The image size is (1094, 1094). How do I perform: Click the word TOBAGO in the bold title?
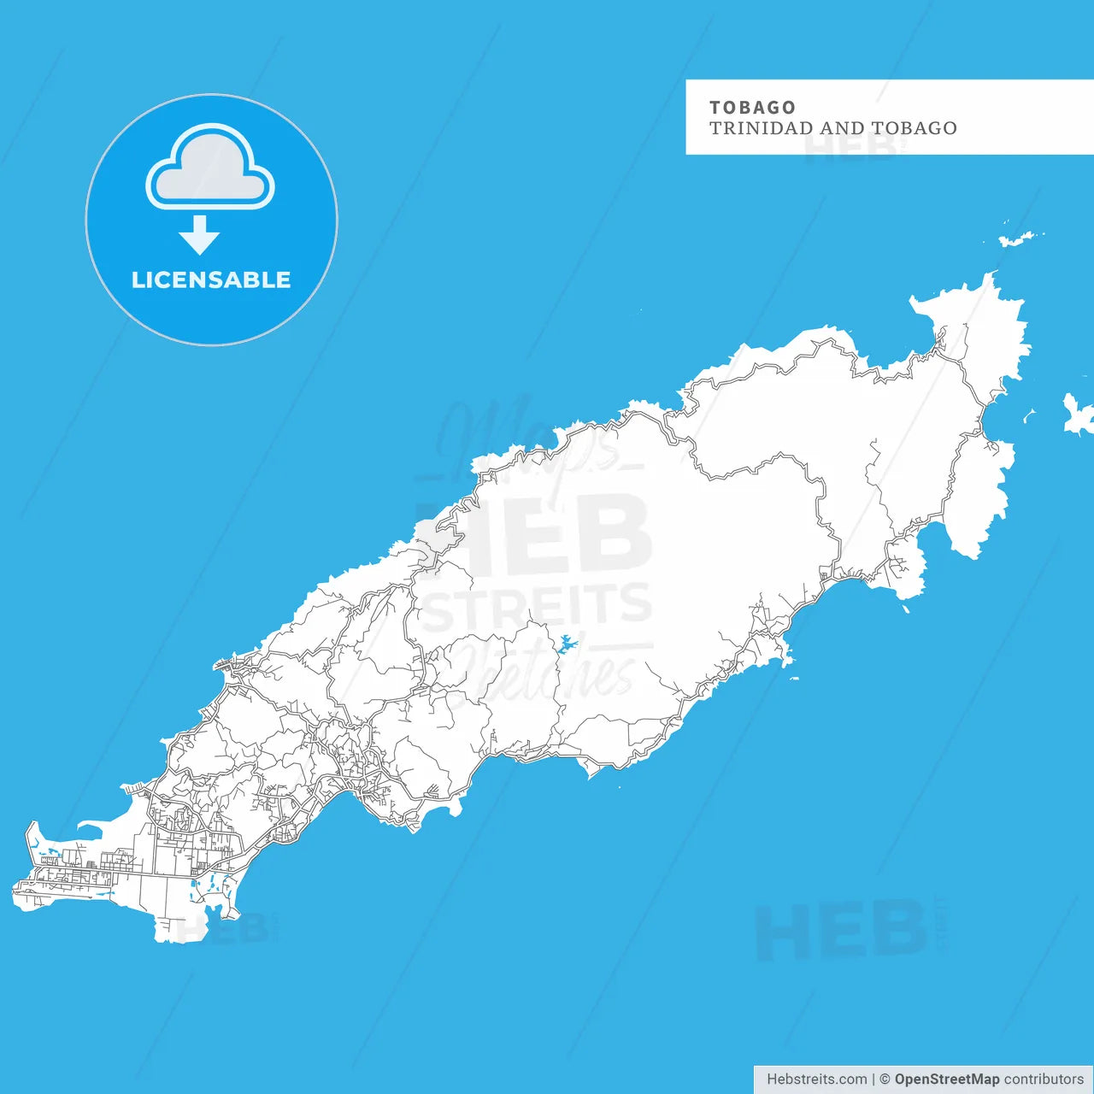coord(752,108)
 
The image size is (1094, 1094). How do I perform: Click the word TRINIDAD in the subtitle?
coord(761,128)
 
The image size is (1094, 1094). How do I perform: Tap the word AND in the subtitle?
coord(842,128)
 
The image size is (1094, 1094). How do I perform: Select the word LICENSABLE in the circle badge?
coord(211,279)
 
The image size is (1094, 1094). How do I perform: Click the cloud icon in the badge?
coord(210,169)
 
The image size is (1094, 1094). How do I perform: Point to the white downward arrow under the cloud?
coord(199,235)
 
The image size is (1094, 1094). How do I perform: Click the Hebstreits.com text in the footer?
coord(816,1079)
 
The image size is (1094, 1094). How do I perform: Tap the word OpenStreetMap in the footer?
coord(946,1079)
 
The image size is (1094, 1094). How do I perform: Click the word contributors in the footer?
coord(1044,1079)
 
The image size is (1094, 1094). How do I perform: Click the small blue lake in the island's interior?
coord(566,644)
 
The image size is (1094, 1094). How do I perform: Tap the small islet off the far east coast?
coord(1076,415)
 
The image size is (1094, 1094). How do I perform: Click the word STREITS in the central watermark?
coord(537,605)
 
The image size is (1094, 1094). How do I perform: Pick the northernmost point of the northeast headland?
coord(991,275)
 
